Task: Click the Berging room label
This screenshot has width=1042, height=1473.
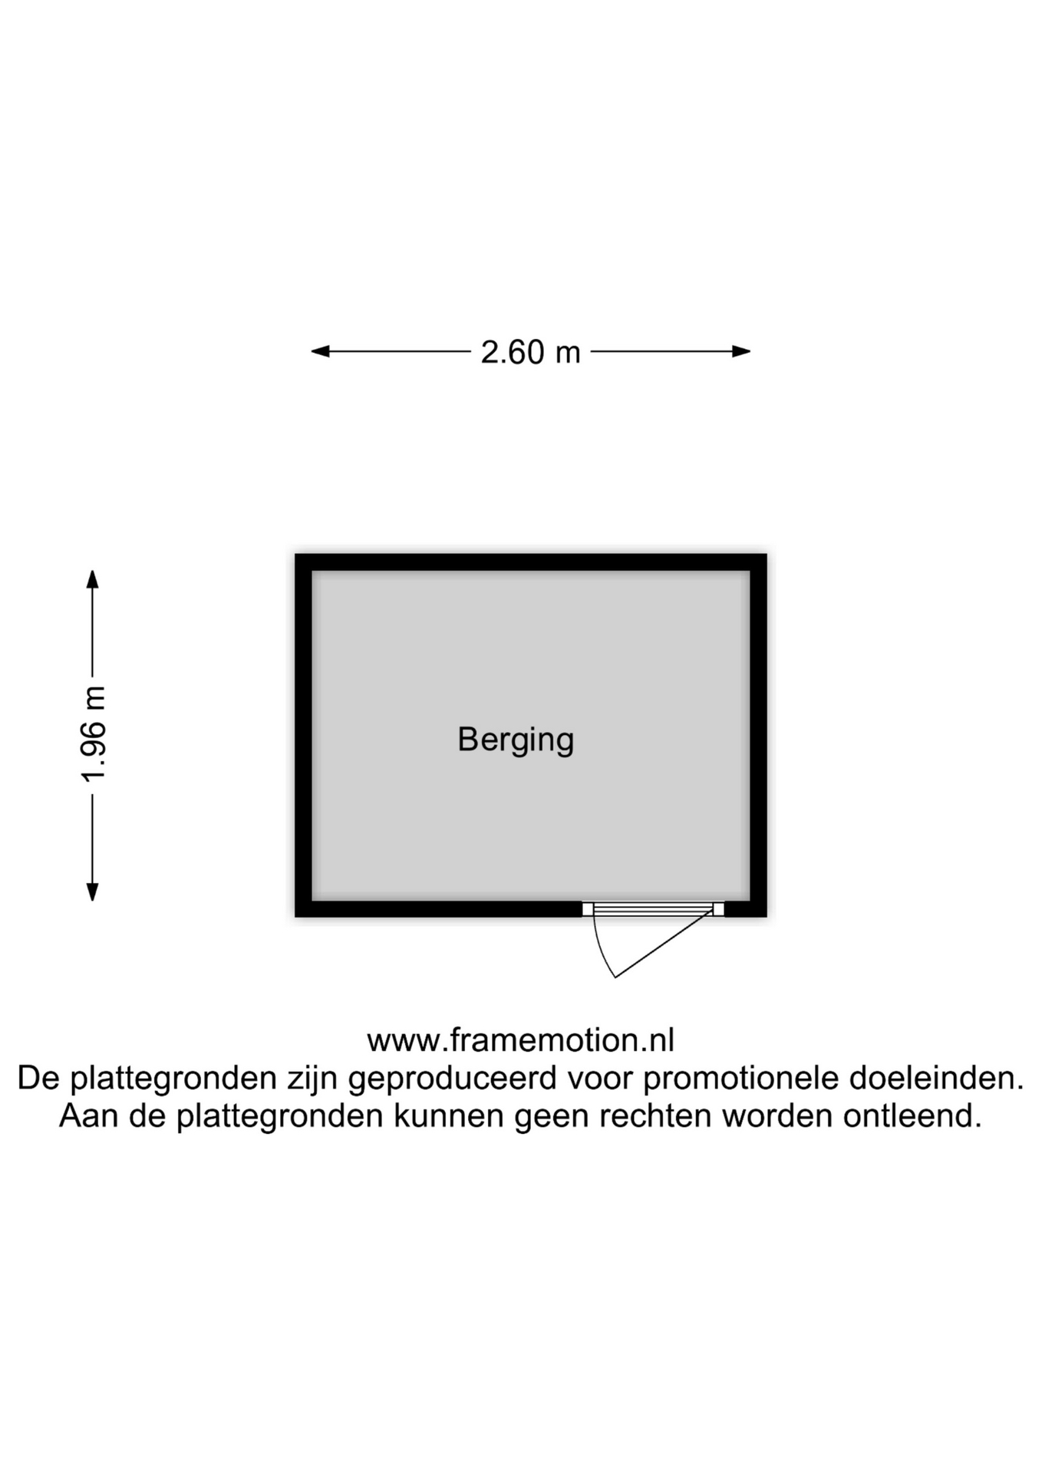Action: (x=516, y=740)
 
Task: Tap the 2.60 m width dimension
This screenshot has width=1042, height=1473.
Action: (x=530, y=352)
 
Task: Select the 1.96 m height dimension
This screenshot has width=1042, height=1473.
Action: (x=94, y=734)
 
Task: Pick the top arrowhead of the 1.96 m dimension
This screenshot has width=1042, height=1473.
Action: (x=92, y=579)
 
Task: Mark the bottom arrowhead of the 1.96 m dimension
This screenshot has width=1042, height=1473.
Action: (x=92, y=891)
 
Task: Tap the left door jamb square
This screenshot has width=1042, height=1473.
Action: (x=588, y=909)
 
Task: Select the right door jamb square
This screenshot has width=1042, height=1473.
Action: (x=718, y=909)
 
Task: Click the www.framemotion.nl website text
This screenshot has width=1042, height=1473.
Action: (x=520, y=1040)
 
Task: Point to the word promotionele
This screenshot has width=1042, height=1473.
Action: (x=740, y=1079)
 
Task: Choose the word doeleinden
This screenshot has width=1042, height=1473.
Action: (x=936, y=1078)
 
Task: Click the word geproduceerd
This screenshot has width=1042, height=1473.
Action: (x=452, y=1079)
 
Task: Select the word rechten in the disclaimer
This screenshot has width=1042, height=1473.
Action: (x=656, y=1115)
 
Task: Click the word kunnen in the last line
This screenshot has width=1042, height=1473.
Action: (x=449, y=1115)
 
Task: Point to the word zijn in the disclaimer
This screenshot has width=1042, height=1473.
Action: (x=313, y=1079)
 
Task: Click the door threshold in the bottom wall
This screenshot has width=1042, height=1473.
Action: (x=653, y=909)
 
